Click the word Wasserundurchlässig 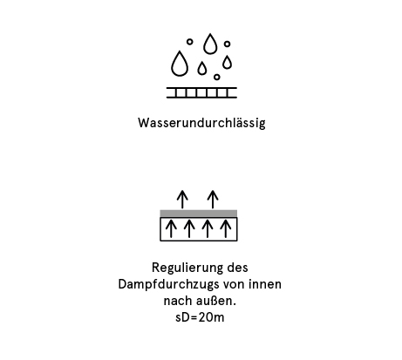tap(201, 123)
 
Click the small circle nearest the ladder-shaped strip tap(216, 77)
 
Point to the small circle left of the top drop tap(189, 42)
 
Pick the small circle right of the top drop tap(227, 44)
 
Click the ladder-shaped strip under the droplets tap(201, 92)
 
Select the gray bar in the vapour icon tap(199, 214)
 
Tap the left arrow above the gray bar tap(182, 200)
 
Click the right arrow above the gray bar tap(213, 200)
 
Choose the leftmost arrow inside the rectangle tap(171, 228)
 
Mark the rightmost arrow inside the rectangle tap(226, 228)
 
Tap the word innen tap(265, 284)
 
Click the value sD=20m tap(200, 317)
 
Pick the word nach tap(176, 301)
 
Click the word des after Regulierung tap(238, 268)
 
